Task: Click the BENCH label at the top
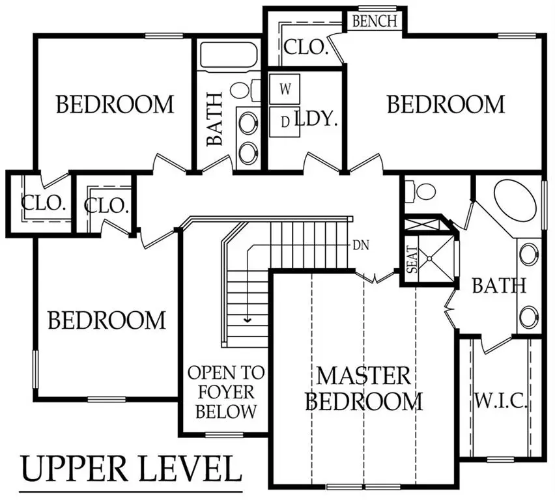375,20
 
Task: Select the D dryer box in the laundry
285,122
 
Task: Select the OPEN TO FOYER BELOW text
226,392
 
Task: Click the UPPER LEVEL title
127,469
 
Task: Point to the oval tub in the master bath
517,204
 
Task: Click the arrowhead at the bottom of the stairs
248,319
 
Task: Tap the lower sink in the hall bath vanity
247,152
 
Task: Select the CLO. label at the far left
44,202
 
